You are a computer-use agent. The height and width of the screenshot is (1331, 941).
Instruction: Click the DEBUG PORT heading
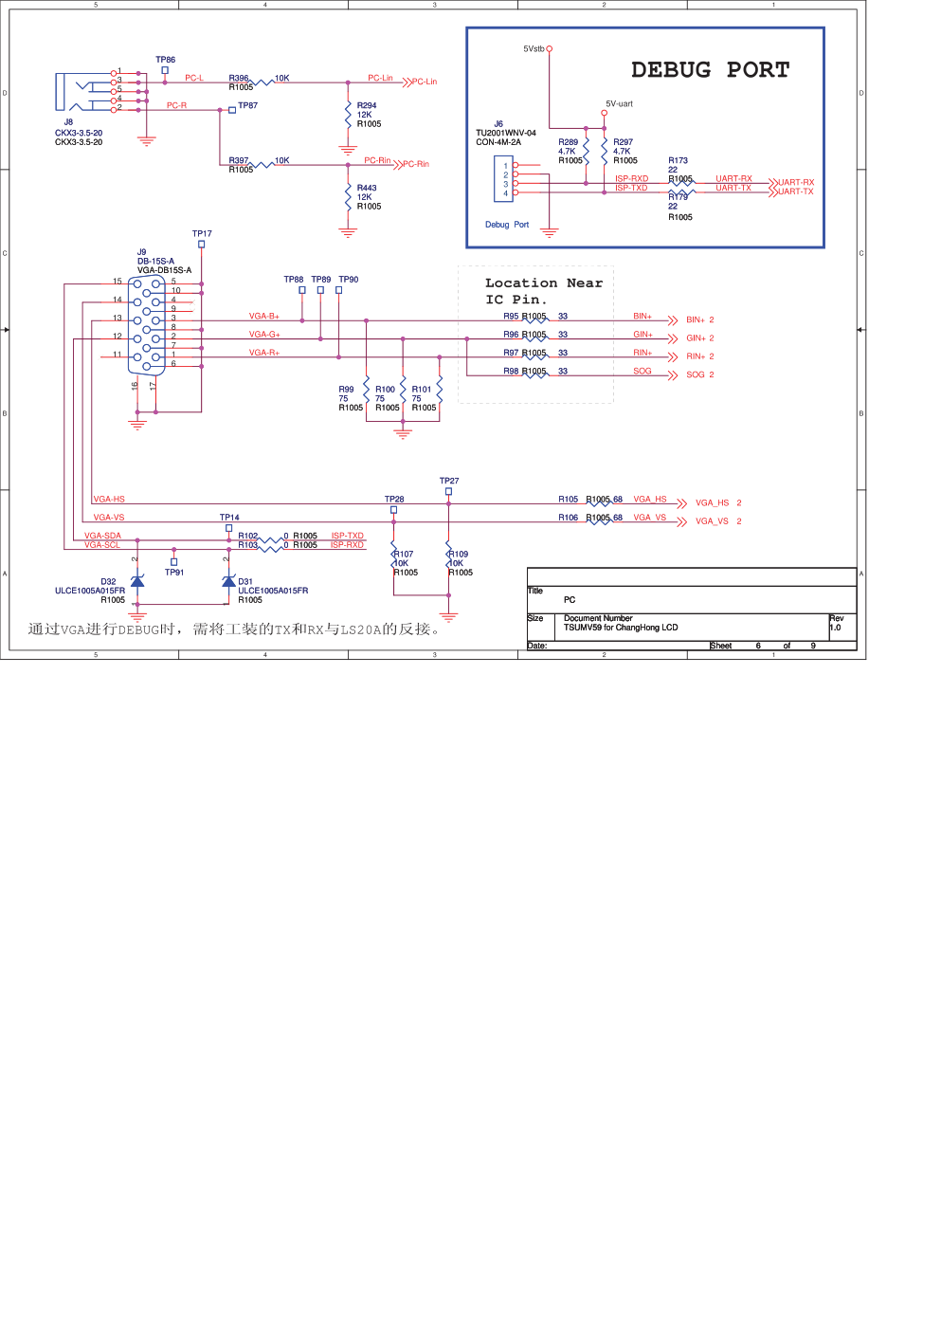pos(710,70)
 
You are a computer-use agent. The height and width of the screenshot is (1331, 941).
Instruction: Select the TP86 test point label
pos(165,60)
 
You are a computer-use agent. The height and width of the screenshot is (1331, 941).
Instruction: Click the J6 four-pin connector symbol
pos(503,179)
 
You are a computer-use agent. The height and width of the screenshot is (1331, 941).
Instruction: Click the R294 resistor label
pos(367,105)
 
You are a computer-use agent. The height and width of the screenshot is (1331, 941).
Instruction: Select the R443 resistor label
pos(367,188)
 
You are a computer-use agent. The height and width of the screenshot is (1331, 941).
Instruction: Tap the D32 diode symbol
pos(137,580)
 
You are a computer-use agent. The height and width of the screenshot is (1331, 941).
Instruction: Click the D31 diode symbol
pos(228,580)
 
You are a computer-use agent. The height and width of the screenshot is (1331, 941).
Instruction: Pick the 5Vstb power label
pos(534,49)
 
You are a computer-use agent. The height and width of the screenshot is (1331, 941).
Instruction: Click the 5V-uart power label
pos(619,104)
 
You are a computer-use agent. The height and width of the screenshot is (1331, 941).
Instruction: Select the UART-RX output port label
pos(795,182)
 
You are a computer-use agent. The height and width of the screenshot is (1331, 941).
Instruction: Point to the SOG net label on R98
pos(642,372)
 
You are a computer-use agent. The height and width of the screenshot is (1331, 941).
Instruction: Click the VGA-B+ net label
pos(264,316)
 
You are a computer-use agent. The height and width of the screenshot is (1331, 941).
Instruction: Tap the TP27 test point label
pos(449,481)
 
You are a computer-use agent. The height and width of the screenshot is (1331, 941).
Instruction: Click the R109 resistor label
pos(460,554)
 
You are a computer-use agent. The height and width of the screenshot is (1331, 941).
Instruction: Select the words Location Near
pos(543,283)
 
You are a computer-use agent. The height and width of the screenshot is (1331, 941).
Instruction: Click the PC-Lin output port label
pos(424,82)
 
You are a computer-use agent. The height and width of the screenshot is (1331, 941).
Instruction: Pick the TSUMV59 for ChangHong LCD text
pos(621,628)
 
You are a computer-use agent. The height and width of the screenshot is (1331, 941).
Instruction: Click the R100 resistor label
pos(385,389)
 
